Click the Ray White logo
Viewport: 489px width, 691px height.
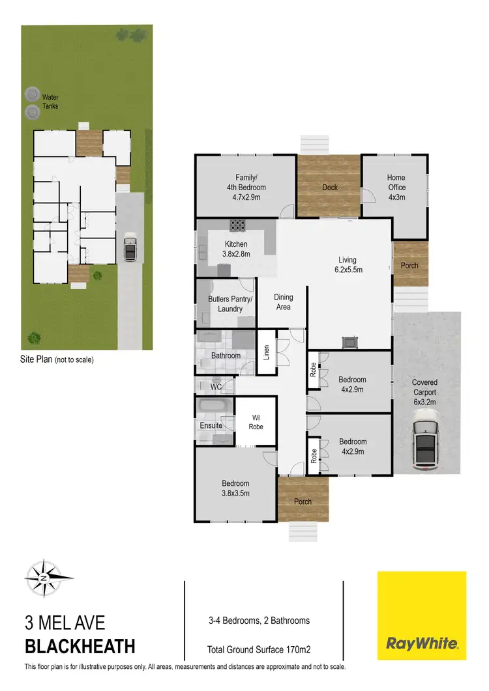click(422, 615)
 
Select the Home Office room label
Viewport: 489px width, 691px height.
click(396, 187)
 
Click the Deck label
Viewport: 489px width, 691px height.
click(330, 188)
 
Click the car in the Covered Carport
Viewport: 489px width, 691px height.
click(426, 445)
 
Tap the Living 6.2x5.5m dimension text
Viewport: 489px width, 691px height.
click(348, 265)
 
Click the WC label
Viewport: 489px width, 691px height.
click(216, 387)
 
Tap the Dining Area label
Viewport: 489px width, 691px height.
click(283, 302)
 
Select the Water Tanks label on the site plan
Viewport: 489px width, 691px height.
click(50, 102)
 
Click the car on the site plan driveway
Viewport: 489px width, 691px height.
click(130, 247)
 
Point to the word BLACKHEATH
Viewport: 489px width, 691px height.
click(80, 647)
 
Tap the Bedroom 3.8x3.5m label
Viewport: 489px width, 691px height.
click(235, 488)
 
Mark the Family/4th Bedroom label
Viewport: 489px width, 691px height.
click(242, 182)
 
